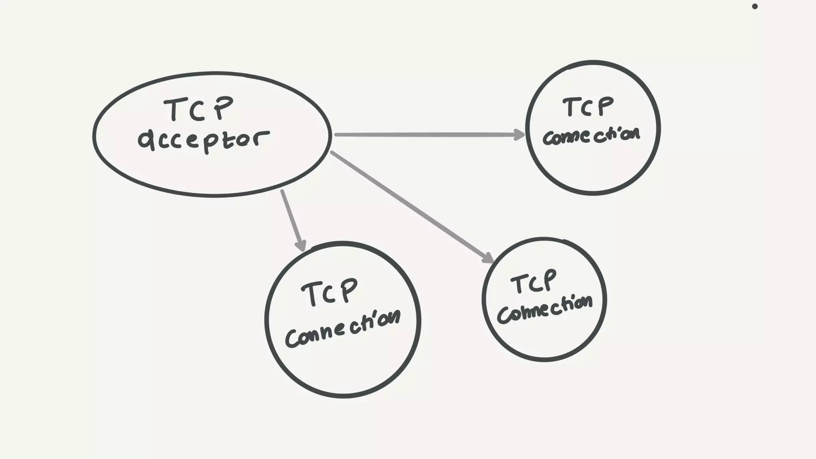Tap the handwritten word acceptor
[204, 140]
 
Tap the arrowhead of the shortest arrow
[301, 245]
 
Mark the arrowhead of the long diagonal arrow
[488, 258]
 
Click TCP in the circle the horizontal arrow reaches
[588, 107]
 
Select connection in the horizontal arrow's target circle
[591, 136]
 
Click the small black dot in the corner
[755, 6]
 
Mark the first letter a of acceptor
[147, 140]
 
